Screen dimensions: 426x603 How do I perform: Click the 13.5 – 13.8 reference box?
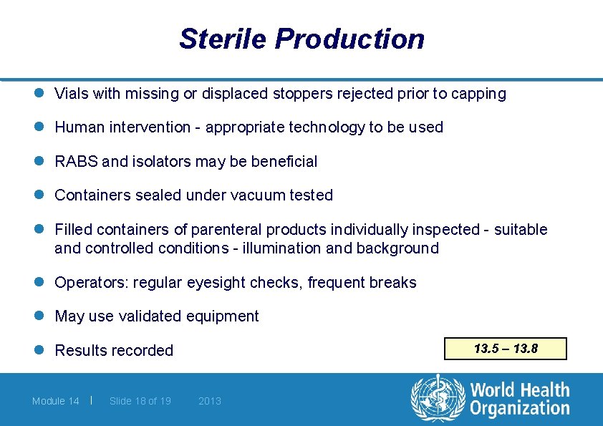click(x=506, y=349)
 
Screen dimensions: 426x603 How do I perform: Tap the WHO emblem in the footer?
click(x=438, y=399)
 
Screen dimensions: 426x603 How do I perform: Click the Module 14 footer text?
click(x=56, y=401)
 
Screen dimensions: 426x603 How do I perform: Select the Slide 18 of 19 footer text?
click(x=140, y=401)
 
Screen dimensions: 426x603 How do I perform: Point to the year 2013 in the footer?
click(x=210, y=401)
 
